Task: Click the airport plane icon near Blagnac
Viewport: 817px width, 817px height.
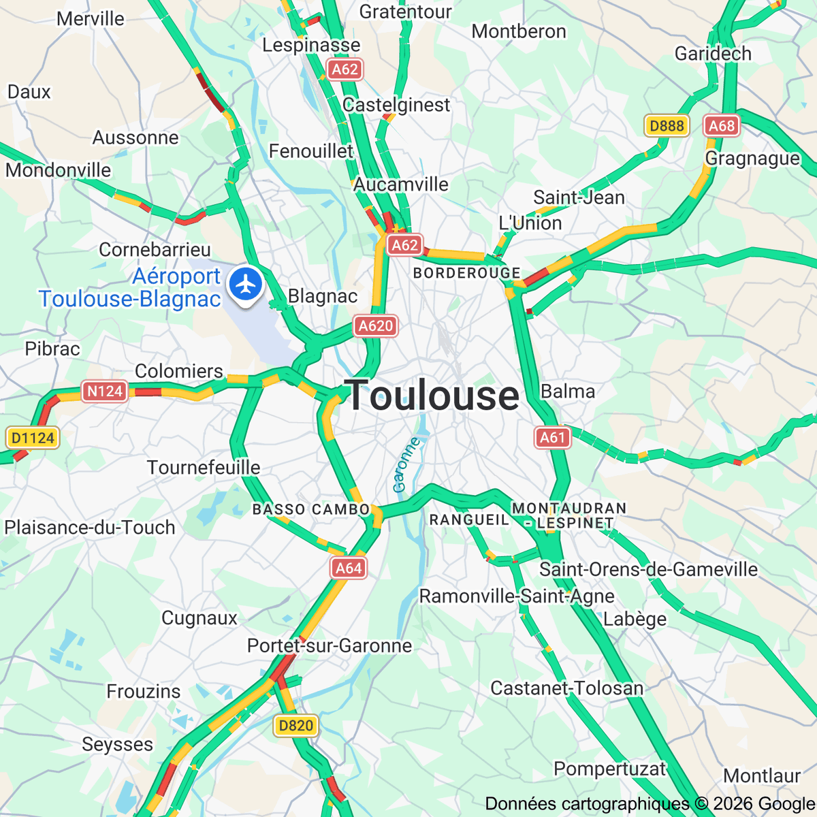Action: click(246, 284)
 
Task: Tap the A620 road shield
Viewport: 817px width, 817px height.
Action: click(376, 326)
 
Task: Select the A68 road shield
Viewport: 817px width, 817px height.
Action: click(722, 125)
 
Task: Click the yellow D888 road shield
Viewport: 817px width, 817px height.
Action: click(667, 125)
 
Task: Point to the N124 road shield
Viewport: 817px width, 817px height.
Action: click(105, 391)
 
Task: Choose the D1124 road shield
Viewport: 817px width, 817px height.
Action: click(33, 438)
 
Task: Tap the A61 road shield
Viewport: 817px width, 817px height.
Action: click(552, 437)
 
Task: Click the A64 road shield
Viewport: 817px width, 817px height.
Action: click(349, 568)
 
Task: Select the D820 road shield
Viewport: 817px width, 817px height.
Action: click(296, 725)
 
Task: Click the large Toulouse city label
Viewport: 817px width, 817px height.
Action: click(432, 396)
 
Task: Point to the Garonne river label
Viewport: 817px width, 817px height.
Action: click(406, 465)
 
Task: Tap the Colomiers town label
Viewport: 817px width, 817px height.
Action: click(179, 371)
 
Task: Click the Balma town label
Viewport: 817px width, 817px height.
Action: click(568, 391)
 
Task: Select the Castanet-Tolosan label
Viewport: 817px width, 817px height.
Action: click(566, 688)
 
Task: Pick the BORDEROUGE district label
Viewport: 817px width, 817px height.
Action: click(467, 273)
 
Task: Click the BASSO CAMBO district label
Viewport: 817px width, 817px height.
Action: click(311, 509)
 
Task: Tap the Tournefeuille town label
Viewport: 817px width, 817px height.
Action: click(204, 468)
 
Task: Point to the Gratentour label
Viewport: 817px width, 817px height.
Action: click(406, 12)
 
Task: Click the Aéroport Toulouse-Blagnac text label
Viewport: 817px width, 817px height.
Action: click(131, 287)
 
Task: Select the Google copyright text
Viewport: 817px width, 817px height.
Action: click(650, 804)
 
